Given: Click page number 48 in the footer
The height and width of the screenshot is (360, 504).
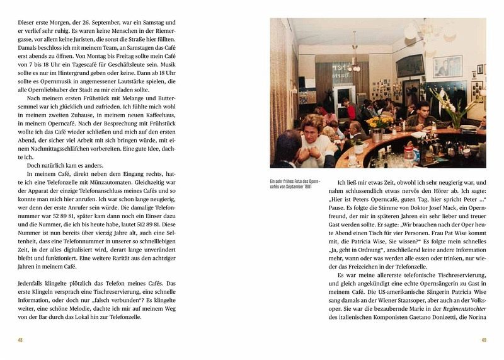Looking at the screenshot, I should coord(21,340).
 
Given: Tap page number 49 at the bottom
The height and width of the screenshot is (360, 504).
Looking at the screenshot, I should coord(483,340).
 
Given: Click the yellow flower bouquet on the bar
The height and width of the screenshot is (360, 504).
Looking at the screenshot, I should coord(379,123).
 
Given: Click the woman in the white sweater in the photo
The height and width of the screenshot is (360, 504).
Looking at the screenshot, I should coord(311,140).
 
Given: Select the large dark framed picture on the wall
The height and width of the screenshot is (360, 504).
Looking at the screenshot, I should coord(409,66).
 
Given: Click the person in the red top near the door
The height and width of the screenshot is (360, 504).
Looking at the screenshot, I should coord(350,110).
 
